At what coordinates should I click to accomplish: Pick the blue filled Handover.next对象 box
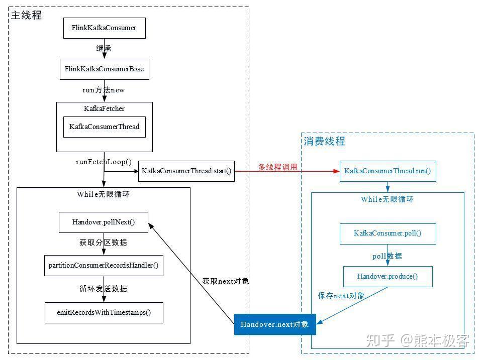click(x=275, y=324)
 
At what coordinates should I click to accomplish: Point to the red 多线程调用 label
click(x=277, y=167)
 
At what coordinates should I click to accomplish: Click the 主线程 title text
click(x=27, y=15)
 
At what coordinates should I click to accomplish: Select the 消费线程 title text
click(x=325, y=141)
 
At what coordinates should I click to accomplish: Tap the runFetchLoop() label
click(x=104, y=162)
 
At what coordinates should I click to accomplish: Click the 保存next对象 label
click(x=341, y=296)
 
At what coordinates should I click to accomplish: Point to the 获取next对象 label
click(x=226, y=281)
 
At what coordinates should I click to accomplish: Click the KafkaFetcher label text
click(x=104, y=108)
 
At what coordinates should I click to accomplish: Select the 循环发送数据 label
click(x=104, y=288)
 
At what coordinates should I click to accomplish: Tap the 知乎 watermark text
click(x=380, y=340)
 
